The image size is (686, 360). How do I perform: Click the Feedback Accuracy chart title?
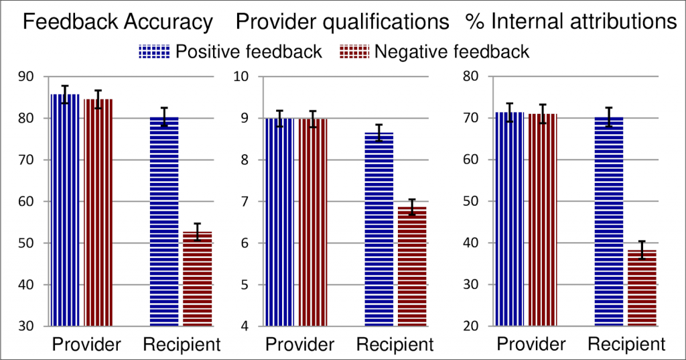[118, 22]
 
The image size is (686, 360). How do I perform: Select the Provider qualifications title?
[342, 22]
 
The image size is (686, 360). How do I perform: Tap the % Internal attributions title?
[570, 22]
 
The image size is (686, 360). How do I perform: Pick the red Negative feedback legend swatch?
[355, 52]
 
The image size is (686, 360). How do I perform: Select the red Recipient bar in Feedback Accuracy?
[197, 279]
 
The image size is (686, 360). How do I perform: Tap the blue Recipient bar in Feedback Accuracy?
[164, 221]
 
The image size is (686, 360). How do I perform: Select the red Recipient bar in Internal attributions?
[641, 288]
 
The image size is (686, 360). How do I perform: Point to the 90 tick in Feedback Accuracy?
[29, 76]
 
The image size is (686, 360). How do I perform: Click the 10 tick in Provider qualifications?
[241, 76]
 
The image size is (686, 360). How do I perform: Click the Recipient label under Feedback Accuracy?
[182, 345]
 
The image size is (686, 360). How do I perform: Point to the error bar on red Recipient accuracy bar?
[197, 231]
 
